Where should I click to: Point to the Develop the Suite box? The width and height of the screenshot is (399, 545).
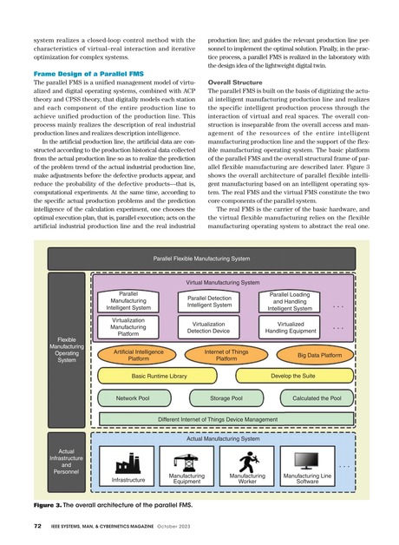click(x=292, y=377)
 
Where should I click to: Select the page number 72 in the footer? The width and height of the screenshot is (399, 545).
click(x=38, y=527)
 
